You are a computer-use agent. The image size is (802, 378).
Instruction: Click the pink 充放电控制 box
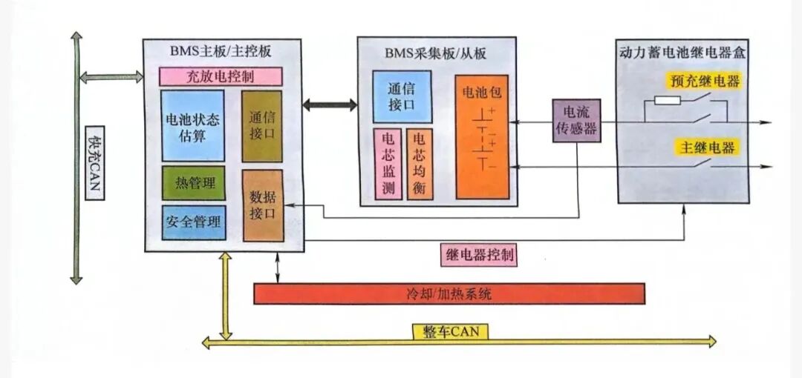[x=221, y=76]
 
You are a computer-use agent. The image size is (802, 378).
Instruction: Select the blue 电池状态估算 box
[x=192, y=126]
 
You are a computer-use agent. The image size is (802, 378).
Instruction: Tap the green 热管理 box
[x=193, y=183]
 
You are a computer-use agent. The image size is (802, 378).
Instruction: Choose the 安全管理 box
[x=193, y=222]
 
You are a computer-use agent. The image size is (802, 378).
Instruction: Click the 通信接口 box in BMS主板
[x=262, y=126]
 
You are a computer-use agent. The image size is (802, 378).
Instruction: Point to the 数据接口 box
[x=262, y=205]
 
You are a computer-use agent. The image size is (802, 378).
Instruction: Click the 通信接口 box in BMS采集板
[x=401, y=96]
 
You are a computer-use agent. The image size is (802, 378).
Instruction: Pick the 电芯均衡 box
[x=419, y=164]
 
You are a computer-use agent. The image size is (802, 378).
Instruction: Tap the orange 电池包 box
[x=482, y=137]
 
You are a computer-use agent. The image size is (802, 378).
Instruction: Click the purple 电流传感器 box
[x=576, y=122]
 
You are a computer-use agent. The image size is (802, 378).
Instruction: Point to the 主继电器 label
[x=705, y=147]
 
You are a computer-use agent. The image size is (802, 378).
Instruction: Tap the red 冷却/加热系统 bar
[x=449, y=294]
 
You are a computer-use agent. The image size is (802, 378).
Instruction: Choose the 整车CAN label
[x=451, y=331]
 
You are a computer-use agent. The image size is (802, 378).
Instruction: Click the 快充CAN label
[x=94, y=165]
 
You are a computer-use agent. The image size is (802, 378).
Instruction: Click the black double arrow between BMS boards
[x=330, y=105]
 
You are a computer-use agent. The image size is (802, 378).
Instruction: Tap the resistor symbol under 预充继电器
[x=666, y=100]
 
